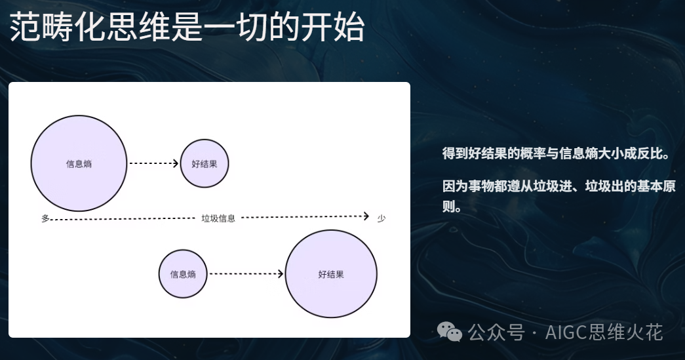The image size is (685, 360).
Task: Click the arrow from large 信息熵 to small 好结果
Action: (154, 163)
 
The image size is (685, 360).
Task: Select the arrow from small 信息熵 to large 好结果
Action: (246, 274)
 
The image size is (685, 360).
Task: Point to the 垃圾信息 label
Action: (218, 218)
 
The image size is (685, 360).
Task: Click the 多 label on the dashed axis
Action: (45, 218)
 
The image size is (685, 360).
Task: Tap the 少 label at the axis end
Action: (382, 218)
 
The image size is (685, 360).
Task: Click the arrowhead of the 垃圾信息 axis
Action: (366, 216)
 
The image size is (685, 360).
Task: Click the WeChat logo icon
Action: (450, 332)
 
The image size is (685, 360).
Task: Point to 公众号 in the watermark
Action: (496, 332)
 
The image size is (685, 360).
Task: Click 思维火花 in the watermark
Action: (625, 332)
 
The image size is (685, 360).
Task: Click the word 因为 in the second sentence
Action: (455, 186)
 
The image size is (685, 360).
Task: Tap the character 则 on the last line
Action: (448, 206)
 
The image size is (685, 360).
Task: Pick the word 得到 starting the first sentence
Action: (455, 154)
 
